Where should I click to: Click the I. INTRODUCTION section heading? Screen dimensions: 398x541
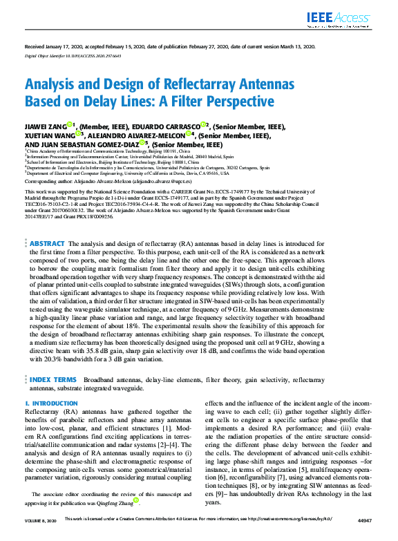(50, 402)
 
